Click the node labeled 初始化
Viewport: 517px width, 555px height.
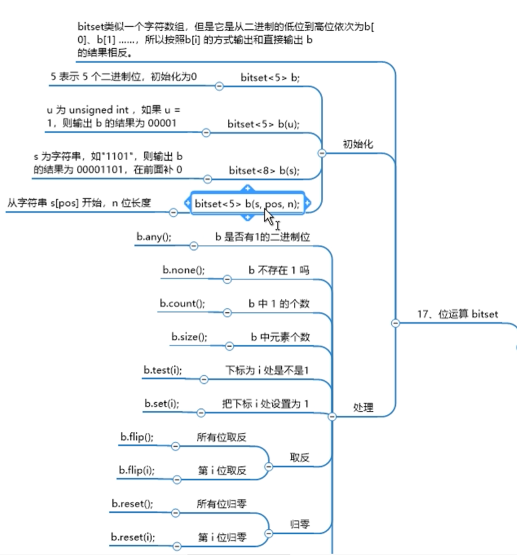[358, 144]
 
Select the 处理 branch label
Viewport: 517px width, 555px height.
[363, 407]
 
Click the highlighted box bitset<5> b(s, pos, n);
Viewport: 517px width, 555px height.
[248, 204]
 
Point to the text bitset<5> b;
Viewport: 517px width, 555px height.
[270, 78]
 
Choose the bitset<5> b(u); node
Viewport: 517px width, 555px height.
[263, 123]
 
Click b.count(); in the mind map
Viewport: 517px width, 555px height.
[182, 303]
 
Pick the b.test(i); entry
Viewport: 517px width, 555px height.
[163, 370]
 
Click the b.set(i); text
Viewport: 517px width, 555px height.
[162, 403]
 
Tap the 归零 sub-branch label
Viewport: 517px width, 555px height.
[299, 524]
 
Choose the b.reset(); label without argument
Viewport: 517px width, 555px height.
[132, 504]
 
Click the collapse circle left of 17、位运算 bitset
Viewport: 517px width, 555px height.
[395, 323]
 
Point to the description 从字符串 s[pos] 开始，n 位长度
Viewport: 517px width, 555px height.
[79, 203]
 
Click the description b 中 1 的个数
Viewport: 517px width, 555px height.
[282, 303]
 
